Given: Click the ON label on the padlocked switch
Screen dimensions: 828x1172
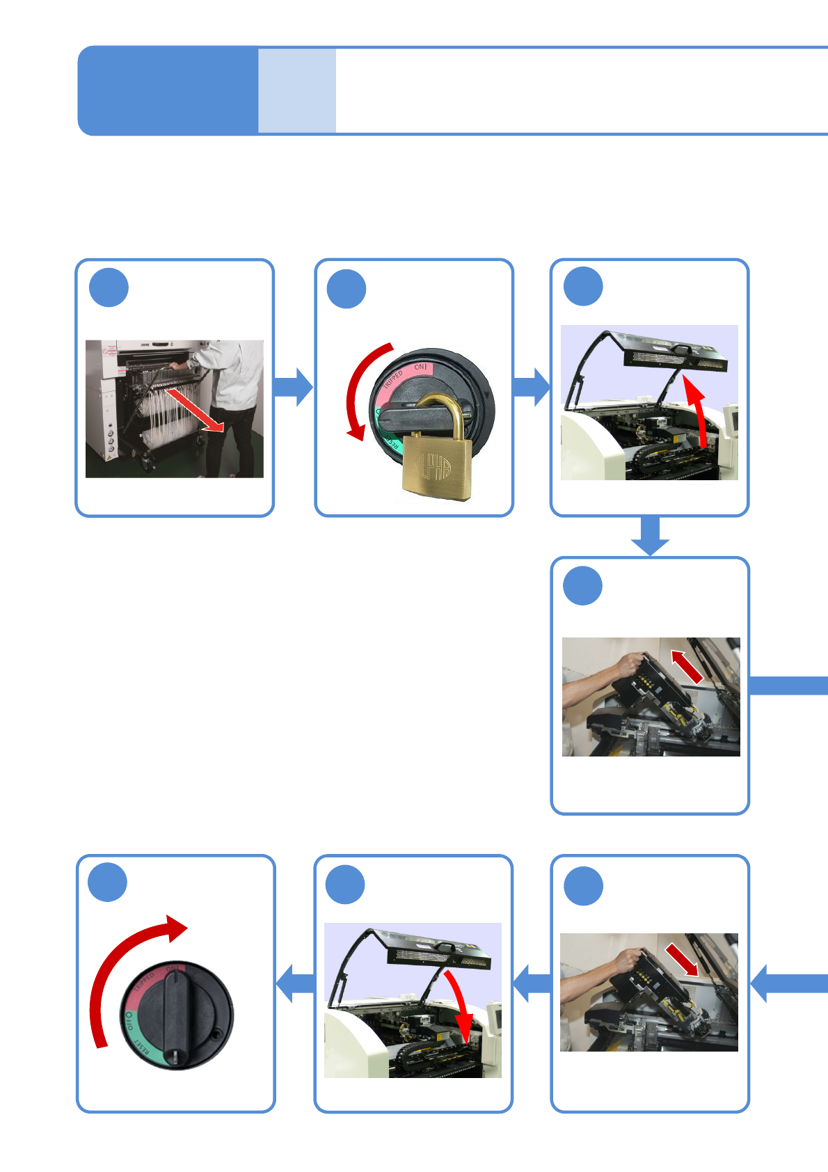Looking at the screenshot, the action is (420, 367).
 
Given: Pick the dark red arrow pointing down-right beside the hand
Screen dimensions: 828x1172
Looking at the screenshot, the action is (682, 960).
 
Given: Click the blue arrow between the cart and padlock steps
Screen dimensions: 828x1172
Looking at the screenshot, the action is (293, 387).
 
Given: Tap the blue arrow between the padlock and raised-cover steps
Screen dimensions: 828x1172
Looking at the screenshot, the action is (532, 387).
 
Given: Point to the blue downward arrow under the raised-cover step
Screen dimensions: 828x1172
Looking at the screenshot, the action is (650, 536).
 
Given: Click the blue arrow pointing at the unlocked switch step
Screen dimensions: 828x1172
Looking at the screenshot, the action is (296, 983).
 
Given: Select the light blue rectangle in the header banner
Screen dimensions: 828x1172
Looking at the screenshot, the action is (297, 90).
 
